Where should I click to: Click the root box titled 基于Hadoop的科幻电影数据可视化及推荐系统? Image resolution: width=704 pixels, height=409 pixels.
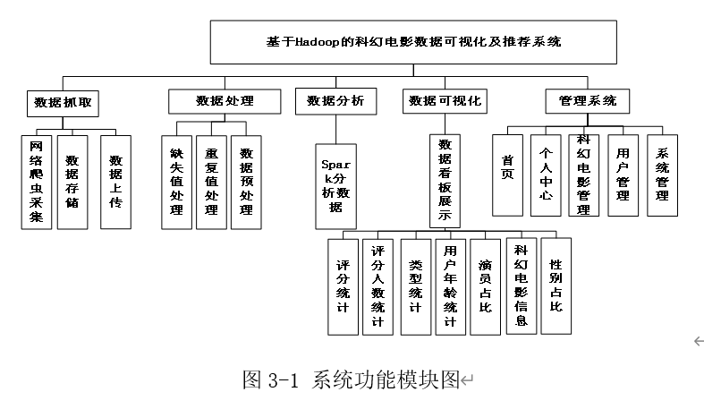[x=413, y=42]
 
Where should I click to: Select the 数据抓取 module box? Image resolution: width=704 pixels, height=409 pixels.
[x=63, y=104]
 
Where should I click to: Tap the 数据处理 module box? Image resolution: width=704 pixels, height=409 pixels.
[x=225, y=101]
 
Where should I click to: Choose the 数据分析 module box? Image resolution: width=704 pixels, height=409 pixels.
[x=335, y=101]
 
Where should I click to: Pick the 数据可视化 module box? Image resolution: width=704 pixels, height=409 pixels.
[x=445, y=101]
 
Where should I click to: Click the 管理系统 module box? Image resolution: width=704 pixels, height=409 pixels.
[x=588, y=101]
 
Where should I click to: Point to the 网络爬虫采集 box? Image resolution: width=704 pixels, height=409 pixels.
[x=37, y=183]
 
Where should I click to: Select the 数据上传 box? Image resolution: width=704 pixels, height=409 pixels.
[x=115, y=183]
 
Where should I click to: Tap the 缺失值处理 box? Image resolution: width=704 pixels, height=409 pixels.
[x=176, y=183]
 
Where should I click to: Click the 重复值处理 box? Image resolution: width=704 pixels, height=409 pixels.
[x=211, y=183]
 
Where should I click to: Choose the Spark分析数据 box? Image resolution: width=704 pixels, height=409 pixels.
[x=335, y=186]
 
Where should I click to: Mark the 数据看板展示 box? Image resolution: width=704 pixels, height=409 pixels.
[x=445, y=181]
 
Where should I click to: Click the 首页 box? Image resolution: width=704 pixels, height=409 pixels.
[x=507, y=175]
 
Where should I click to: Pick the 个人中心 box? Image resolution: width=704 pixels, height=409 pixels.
[x=546, y=175]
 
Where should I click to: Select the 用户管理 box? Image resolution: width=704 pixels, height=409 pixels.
[x=623, y=175]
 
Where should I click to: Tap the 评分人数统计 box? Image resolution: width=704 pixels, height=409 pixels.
[x=378, y=287]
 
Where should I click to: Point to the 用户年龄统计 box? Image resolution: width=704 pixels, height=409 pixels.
[x=450, y=287]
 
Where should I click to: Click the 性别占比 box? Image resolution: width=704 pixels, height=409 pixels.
[x=556, y=286]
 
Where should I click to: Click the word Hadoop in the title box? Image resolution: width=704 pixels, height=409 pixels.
[x=318, y=42]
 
